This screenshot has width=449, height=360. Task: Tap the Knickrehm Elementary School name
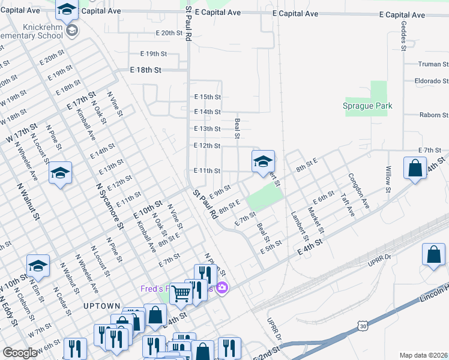(36, 31)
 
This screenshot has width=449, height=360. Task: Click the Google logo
(20, 353)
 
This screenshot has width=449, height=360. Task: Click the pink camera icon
(222, 289)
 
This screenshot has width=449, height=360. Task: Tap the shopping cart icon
(181, 293)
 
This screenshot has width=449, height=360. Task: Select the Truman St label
(434, 64)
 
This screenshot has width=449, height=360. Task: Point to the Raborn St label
(434, 115)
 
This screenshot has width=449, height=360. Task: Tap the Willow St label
(388, 179)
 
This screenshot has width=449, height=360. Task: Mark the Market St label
(316, 221)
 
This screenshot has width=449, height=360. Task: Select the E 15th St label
(207, 97)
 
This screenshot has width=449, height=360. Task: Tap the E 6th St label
(323, 196)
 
